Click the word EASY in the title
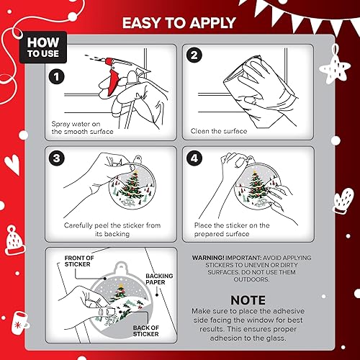tap(141, 21)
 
